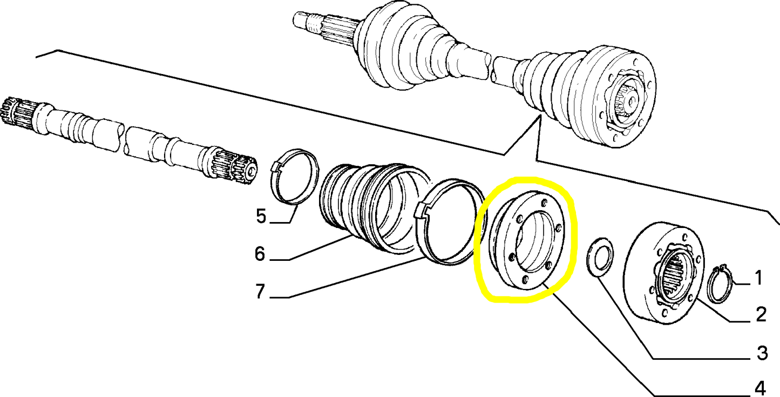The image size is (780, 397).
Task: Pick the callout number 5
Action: [x=261, y=216]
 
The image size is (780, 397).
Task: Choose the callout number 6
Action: [x=260, y=254]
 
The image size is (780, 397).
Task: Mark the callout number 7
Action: [x=260, y=291]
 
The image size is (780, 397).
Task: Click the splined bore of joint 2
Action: [x=672, y=278]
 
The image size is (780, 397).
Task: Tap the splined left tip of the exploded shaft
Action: [x=9, y=111]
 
